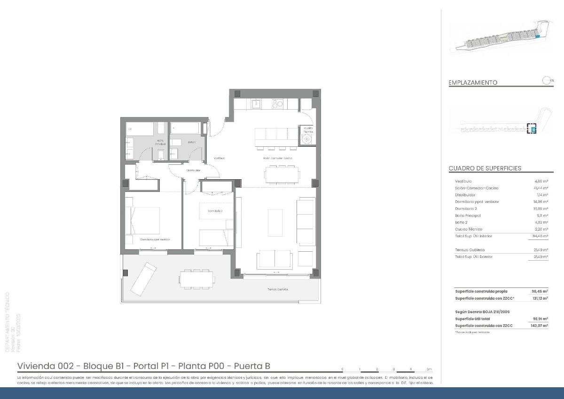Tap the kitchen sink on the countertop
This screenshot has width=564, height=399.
(x=256, y=104)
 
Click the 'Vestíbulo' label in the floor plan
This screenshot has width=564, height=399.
(x=219, y=158)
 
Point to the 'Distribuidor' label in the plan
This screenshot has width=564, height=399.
(x=193, y=170)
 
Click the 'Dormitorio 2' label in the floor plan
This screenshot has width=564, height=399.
(x=215, y=211)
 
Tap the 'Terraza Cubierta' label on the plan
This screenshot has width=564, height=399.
(x=278, y=289)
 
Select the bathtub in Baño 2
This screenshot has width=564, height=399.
(x=185, y=128)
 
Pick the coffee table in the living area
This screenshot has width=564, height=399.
(x=275, y=223)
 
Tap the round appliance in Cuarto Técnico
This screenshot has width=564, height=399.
(x=307, y=139)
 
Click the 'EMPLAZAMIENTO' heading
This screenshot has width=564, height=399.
(x=473, y=82)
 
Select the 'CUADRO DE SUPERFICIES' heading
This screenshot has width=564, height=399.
(x=485, y=168)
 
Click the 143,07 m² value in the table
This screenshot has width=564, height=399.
(x=539, y=326)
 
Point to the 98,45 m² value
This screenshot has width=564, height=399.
(x=540, y=291)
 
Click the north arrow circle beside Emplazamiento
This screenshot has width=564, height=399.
(x=547, y=80)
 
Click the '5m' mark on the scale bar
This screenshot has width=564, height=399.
(x=429, y=369)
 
